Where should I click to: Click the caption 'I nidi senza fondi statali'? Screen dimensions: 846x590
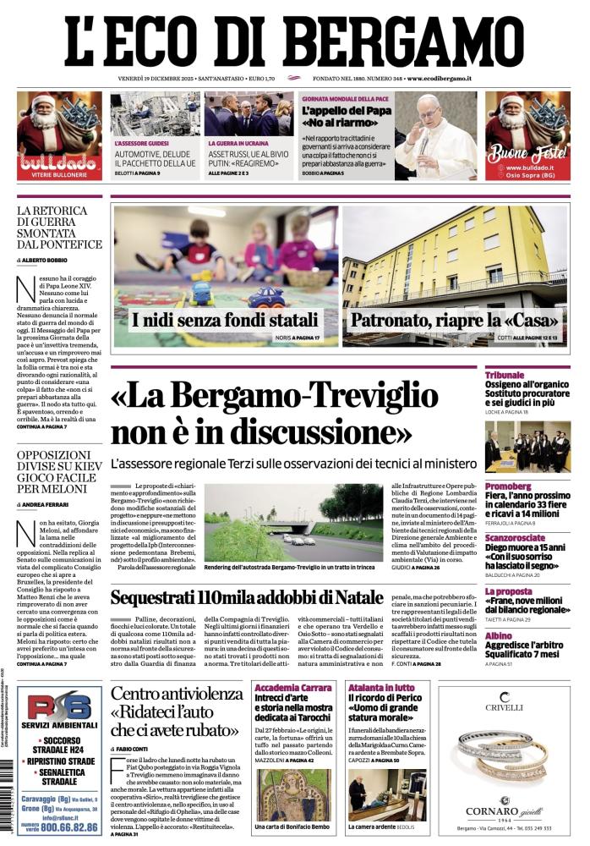pos(225,321)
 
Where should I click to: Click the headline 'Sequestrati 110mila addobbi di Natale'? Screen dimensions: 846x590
pos(248,597)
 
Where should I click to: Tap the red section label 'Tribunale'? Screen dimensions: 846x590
pos(505,375)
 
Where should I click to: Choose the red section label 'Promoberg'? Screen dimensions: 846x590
pos(508,486)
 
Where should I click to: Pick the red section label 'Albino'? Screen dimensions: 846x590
pos(499,634)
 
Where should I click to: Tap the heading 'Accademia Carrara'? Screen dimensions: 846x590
pos(293,688)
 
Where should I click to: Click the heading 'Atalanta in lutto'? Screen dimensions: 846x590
pos(381,688)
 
